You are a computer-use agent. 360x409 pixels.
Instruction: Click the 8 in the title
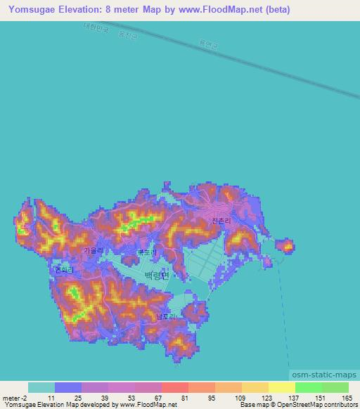click(112, 10)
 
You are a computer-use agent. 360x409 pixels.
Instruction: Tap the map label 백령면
click(156, 275)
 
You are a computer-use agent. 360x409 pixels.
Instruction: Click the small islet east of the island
click(285, 246)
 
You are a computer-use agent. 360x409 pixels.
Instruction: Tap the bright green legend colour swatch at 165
click(335, 387)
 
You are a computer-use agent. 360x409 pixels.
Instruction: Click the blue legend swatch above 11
click(67, 387)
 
